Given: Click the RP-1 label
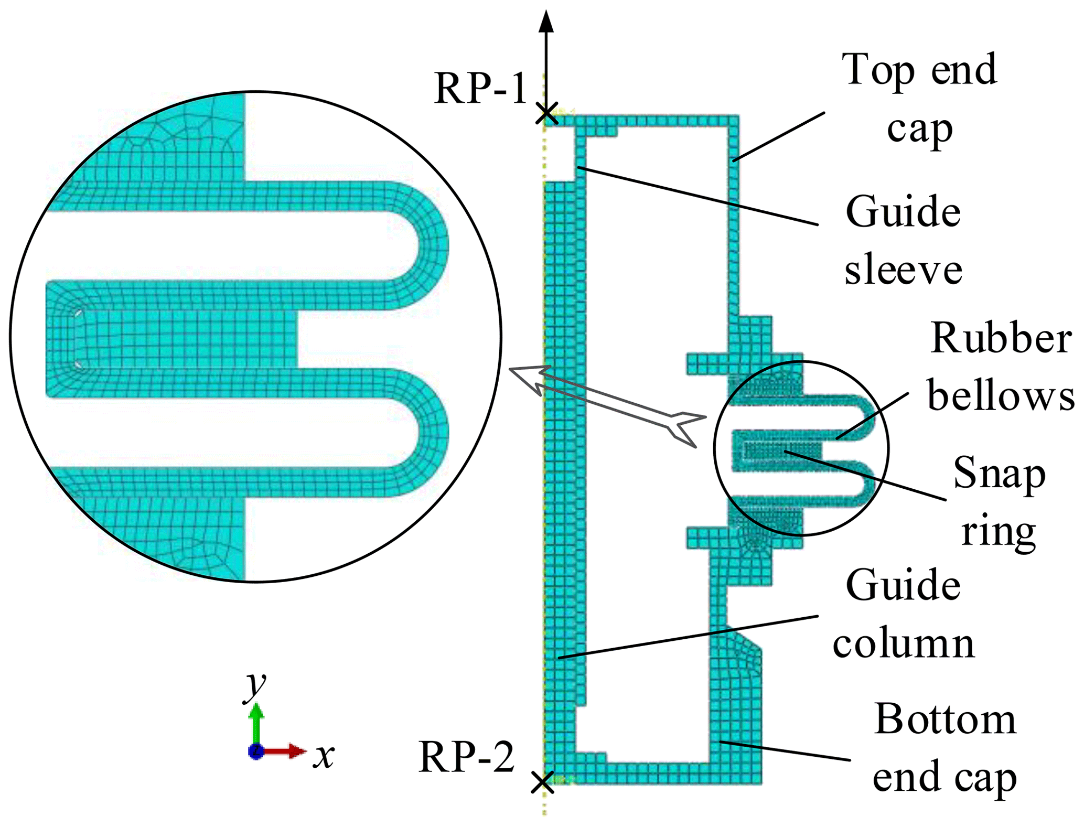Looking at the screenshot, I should (480, 88).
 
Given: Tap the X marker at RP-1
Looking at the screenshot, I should (546, 113).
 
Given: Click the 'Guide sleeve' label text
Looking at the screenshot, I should (903, 241).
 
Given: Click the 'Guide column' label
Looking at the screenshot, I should (903, 614).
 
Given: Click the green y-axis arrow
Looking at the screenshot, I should (256, 724).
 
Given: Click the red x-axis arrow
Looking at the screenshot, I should (286, 751).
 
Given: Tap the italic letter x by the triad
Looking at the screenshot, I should (324, 756).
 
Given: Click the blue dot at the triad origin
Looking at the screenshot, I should (255, 751).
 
